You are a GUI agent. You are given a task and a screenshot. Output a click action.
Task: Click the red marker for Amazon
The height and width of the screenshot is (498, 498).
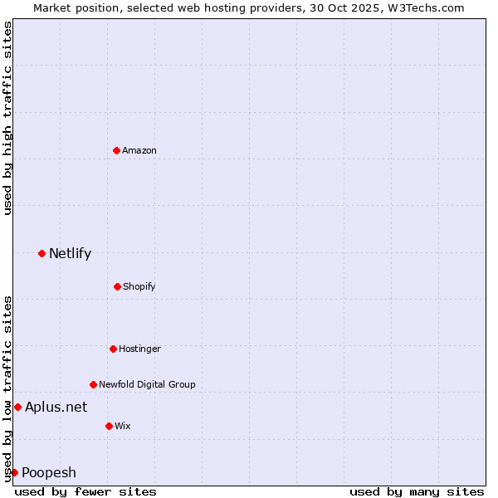coord(116,150)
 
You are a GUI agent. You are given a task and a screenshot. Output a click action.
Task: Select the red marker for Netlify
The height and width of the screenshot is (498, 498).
coord(41,253)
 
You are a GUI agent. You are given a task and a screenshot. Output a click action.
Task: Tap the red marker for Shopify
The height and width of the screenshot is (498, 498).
coord(117,286)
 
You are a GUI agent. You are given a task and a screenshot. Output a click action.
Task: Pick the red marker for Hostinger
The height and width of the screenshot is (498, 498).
coord(113,349)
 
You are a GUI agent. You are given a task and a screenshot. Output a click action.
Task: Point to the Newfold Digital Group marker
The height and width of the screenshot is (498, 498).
coord(93,384)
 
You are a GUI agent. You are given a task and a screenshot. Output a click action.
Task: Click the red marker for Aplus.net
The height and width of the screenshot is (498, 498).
coord(17,407)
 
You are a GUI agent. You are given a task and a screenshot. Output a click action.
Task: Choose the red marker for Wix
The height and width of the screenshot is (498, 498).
coord(109,426)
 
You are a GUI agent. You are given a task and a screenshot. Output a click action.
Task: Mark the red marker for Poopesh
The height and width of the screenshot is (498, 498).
coord(14,472)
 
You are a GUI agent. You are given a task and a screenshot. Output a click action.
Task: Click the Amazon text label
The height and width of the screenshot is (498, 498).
coord(139,150)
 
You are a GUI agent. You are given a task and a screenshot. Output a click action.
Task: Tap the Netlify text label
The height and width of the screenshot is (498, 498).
coord(70,253)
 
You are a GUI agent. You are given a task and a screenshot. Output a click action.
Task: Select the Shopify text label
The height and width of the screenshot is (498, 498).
coord(139,286)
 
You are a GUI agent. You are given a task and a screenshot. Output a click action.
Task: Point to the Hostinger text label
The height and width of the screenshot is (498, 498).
coord(139,349)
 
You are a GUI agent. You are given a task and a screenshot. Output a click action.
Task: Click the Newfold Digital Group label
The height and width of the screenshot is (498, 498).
coord(147,384)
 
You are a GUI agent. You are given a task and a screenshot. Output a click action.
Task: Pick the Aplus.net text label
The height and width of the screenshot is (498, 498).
coord(56,407)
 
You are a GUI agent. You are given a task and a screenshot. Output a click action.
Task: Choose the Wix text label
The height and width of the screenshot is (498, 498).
coord(123,426)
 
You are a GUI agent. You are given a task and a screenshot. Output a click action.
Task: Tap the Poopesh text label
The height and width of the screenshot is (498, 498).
coord(49,472)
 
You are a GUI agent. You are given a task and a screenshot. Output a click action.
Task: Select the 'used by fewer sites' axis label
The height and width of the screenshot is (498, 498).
coord(85,491)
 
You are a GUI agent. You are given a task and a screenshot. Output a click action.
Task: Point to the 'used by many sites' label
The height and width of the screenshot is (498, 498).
coord(417,491)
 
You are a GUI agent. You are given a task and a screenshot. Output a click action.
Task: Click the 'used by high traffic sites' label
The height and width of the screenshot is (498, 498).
coord(7,118)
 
